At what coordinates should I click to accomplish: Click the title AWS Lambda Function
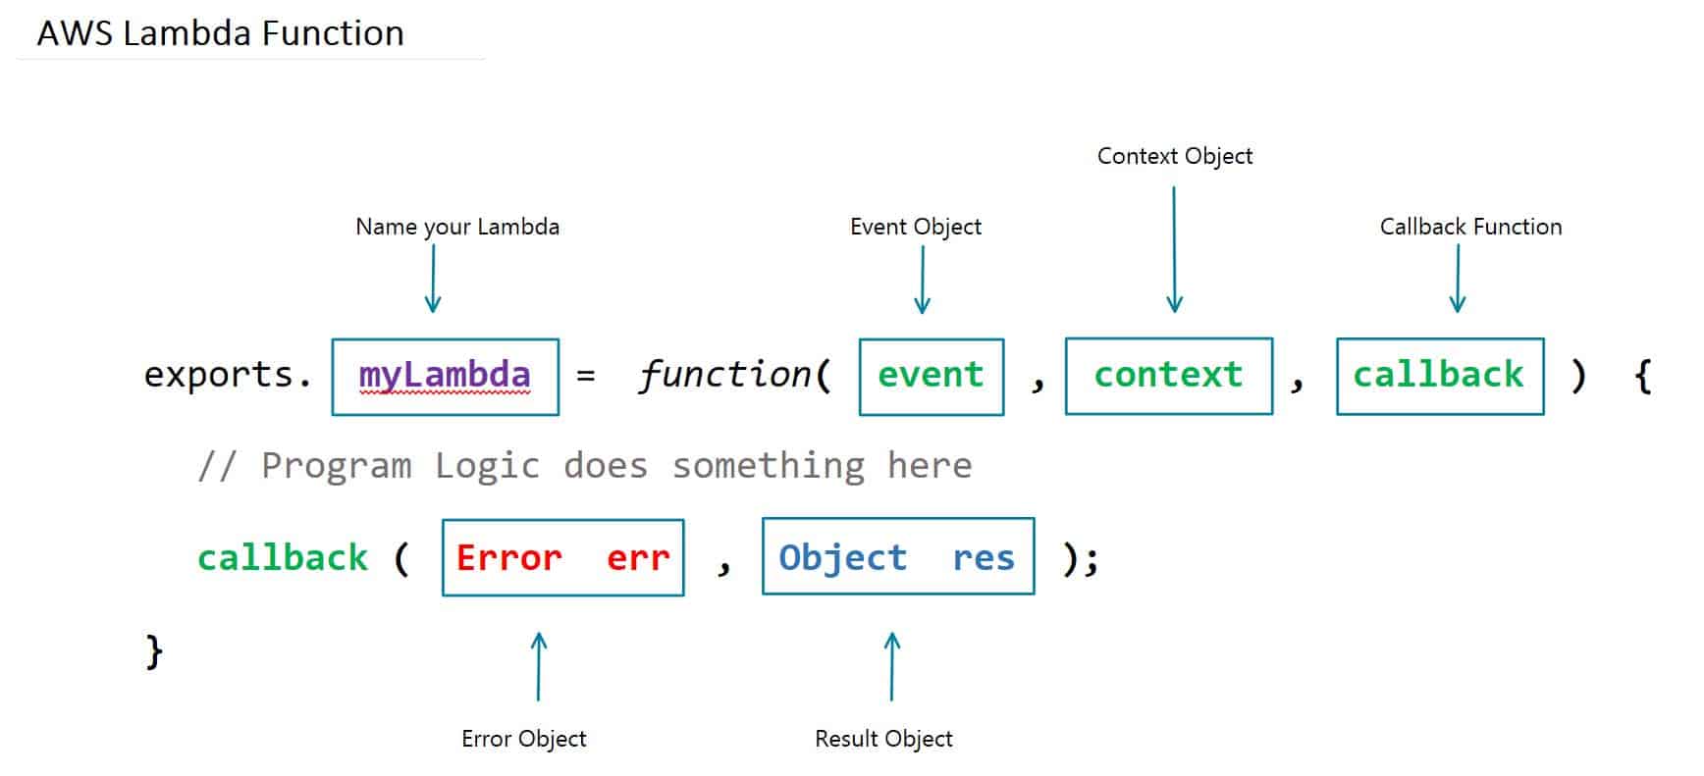[220, 33]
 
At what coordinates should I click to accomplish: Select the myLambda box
[445, 377]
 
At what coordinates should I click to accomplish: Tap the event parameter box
[931, 377]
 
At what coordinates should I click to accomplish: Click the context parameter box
[1168, 376]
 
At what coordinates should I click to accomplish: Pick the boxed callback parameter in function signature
[1439, 376]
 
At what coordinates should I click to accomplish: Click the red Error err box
[562, 557]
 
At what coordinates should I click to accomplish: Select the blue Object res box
[897, 556]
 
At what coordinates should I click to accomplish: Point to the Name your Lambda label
[456, 227]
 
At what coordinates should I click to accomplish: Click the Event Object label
[915, 227]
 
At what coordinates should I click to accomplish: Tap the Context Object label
[1174, 156]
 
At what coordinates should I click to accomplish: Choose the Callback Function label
[1469, 227]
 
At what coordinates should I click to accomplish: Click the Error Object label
[523, 739]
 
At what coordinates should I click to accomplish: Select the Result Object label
[882, 739]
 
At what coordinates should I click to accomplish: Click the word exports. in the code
[227, 375]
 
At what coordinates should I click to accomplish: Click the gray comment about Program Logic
[584, 465]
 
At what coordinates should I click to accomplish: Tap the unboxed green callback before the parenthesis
[282, 557]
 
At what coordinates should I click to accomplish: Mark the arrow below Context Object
[1174, 250]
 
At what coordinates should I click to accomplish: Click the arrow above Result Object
[891, 666]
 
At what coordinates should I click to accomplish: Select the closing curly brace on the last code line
[154, 650]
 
